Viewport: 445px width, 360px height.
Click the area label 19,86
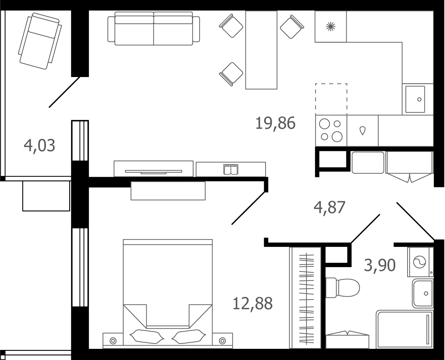(x=275, y=123)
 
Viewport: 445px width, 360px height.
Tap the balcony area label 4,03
(x=40, y=145)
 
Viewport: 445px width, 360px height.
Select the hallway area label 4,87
(x=329, y=207)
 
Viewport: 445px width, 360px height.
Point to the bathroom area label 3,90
(x=380, y=265)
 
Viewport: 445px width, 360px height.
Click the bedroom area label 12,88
(x=252, y=303)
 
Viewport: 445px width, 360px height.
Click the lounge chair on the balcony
(x=40, y=41)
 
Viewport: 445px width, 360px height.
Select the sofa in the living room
(x=153, y=28)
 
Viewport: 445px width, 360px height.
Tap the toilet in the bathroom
(x=343, y=288)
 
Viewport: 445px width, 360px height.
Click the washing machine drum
(x=419, y=262)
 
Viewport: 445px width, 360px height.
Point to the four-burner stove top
(x=331, y=131)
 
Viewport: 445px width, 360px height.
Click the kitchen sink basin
(x=415, y=99)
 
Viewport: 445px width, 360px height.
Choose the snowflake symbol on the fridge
(x=330, y=27)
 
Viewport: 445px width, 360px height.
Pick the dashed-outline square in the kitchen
(x=331, y=99)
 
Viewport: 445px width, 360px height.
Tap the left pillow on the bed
(x=147, y=336)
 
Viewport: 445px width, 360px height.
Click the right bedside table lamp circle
(x=222, y=341)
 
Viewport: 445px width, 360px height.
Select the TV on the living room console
(x=153, y=172)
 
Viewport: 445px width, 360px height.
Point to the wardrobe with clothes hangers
(x=305, y=298)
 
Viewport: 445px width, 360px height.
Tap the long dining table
(x=261, y=50)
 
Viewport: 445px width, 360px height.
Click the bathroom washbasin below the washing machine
(x=423, y=293)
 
